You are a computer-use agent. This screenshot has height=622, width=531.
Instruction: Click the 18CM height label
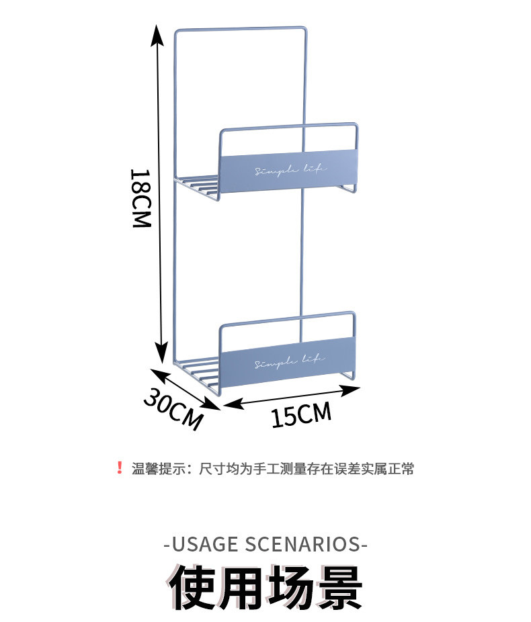[x=140, y=197]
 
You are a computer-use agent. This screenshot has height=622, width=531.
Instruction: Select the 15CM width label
[x=301, y=414]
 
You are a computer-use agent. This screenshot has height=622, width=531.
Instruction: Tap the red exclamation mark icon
[x=120, y=468]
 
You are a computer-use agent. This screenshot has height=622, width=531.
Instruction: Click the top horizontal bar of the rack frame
[x=240, y=29]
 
